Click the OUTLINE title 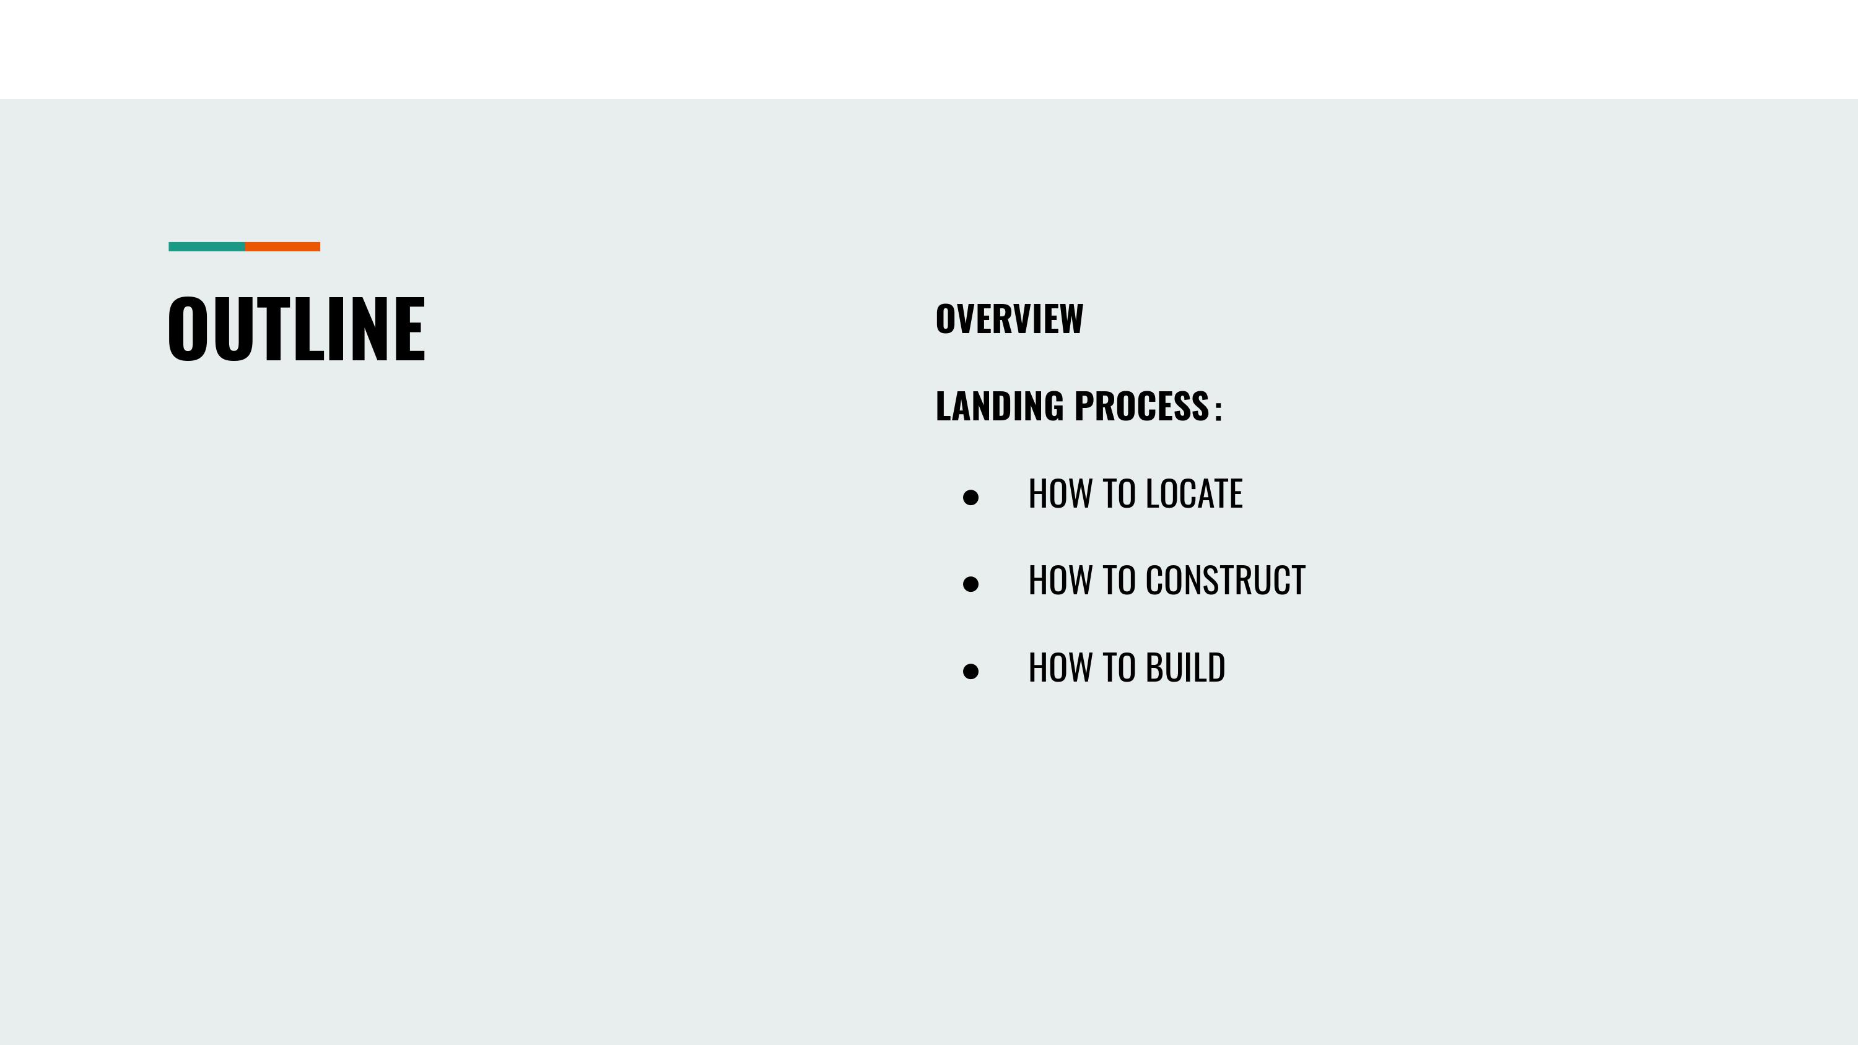[297, 329]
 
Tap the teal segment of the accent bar [207, 246]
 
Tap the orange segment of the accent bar [283, 246]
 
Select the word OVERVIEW [1009, 319]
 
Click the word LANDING [1000, 406]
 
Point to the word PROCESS [1142, 406]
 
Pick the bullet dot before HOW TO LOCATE [971, 497]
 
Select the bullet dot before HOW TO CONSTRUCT [971, 583]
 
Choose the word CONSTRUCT [1226, 581]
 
